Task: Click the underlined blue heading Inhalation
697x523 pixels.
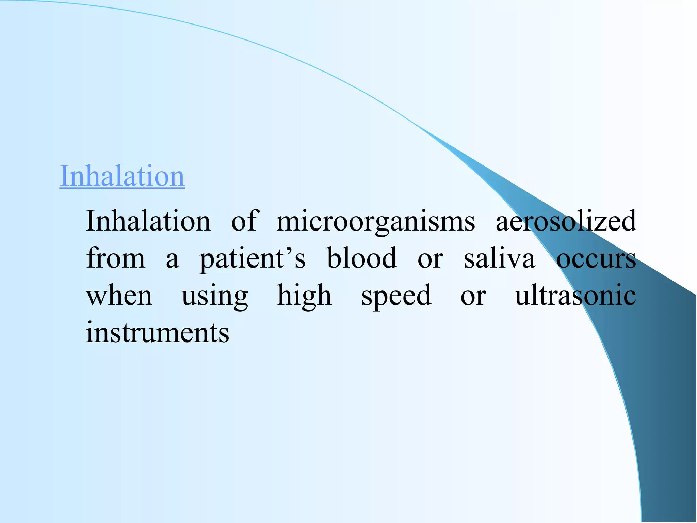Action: point(122,176)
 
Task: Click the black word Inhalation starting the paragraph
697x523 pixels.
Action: point(148,221)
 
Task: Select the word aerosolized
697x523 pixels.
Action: point(566,221)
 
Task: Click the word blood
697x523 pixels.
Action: point(362,258)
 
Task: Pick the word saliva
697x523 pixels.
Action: point(499,258)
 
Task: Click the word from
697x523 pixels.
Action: point(116,258)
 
